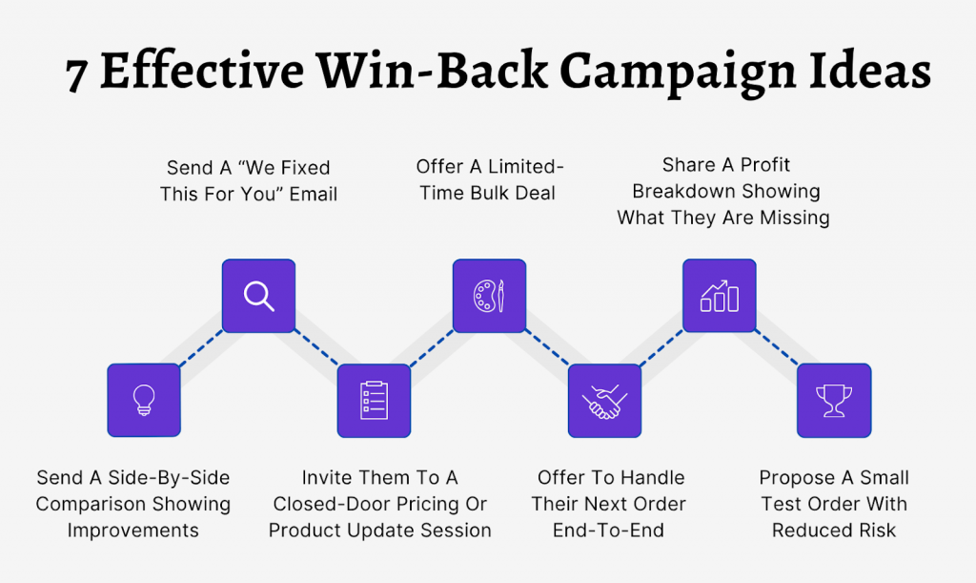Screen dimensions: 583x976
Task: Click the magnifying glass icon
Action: [x=258, y=296]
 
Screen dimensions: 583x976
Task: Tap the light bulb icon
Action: [x=144, y=400]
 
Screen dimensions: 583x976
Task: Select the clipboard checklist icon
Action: [x=374, y=400]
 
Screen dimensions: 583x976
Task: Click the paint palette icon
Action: [x=489, y=296]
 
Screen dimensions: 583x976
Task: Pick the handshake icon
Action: [x=604, y=400]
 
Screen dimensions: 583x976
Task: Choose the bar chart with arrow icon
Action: [x=720, y=296]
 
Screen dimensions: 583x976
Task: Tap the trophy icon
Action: [x=834, y=400]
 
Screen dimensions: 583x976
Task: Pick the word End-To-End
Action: [x=609, y=531]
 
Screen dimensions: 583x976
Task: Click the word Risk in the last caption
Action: [x=873, y=531]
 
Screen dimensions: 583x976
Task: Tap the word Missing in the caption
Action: [x=788, y=218]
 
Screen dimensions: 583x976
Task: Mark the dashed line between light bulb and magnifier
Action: [x=201, y=348]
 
